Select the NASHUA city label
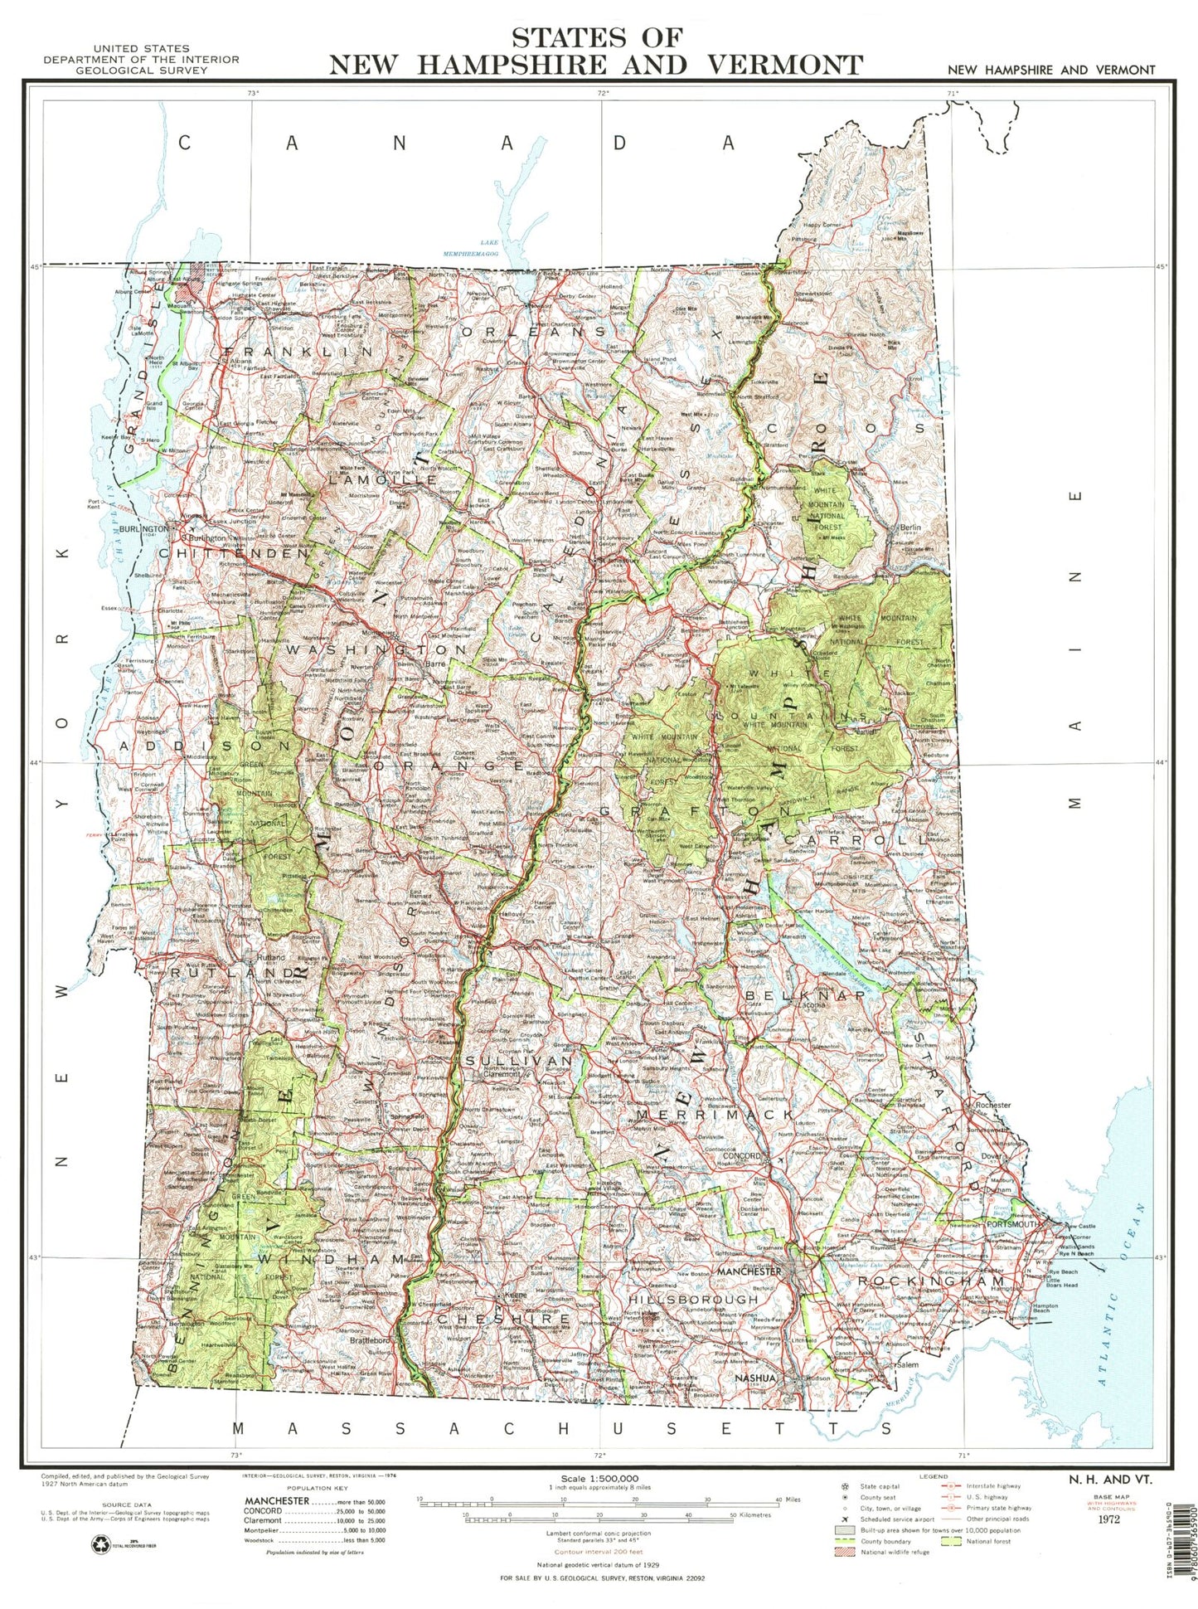point(755,1378)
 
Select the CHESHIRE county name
point(504,1318)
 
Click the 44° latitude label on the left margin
point(36,762)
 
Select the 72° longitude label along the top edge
point(603,93)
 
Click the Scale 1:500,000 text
point(599,1479)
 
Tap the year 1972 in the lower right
point(1108,1519)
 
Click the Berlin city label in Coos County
point(910,527)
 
